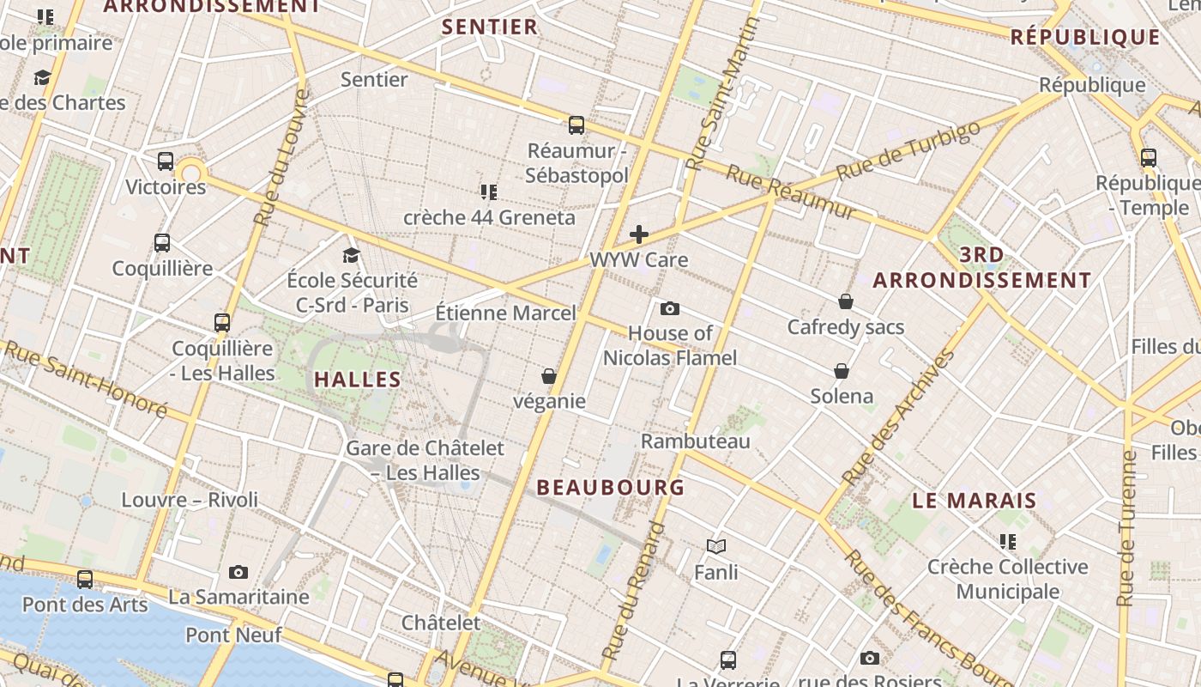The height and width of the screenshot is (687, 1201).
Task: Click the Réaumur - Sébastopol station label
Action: tap(576, 163)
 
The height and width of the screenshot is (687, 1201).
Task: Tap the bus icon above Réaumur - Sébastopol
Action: tap(576, 125)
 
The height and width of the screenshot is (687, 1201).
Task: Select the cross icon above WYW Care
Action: tap(639, 234)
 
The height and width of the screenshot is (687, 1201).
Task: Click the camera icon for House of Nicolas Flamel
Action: tap(670, 308)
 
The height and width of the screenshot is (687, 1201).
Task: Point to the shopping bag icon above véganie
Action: tap(549, 376)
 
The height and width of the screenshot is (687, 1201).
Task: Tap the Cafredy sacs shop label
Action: tap(846, 327)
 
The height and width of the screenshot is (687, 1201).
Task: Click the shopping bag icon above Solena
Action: tap(842, 371)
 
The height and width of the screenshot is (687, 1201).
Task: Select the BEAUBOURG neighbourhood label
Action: tap(611, 488)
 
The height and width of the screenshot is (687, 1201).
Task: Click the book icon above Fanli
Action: tap(716, 546)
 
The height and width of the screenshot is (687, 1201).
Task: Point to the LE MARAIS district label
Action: tap(975, 501)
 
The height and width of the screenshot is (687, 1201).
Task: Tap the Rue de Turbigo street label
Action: tap(908, 151)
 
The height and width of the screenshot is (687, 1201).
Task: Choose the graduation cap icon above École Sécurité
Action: tap(351, 255)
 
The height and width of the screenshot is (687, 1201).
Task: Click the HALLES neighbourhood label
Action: tap(358, 380)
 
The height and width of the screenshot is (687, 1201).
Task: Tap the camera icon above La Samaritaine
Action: tap(238, 572)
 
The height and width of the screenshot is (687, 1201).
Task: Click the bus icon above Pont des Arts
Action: tap(85, 580)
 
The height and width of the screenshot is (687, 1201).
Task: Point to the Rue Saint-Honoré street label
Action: tap(86, 379)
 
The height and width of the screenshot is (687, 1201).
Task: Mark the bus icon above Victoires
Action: tap(166, 161)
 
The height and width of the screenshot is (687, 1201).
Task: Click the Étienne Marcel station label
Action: tap(505, 313)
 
